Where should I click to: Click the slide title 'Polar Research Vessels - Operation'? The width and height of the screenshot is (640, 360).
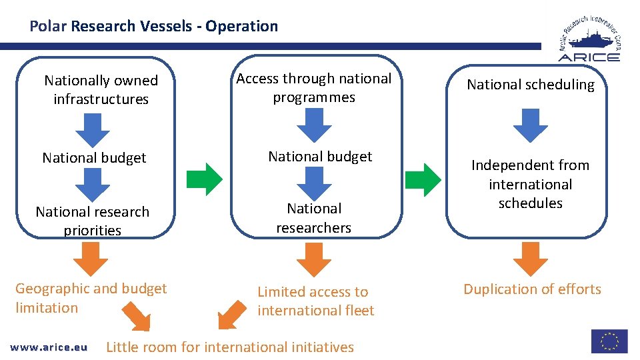click(x=153, y=27)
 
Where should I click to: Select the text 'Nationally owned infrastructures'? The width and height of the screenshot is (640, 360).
click(x=101, y=90)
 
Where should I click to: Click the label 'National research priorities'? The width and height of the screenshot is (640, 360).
click(x=93, y=221)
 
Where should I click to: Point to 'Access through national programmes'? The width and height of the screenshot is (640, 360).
click(x=314, y=88)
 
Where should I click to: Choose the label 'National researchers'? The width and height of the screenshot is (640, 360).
click(x=314, y=218)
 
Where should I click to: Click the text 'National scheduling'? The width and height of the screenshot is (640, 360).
click(x=530, y=85)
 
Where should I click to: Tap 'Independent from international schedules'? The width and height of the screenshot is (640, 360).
click(x=530, y=184)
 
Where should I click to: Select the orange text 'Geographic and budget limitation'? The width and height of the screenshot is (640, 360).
click(x=91, y=298)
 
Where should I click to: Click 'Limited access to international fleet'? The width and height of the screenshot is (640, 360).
click(x=315, y=301)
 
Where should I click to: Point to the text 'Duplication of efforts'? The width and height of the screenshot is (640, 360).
click(x=532, y=289)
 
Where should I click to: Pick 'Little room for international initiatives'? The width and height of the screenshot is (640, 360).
click(x=230, y=347)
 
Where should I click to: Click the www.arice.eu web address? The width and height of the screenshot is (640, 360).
click(x=49, y=347)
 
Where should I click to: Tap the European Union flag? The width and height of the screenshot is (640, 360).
click(x=609, y=341)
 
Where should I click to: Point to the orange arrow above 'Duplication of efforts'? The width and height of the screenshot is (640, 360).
click(x=530, y=259)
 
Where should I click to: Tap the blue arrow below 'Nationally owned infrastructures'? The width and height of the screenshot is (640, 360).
click(x=93, y=129)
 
